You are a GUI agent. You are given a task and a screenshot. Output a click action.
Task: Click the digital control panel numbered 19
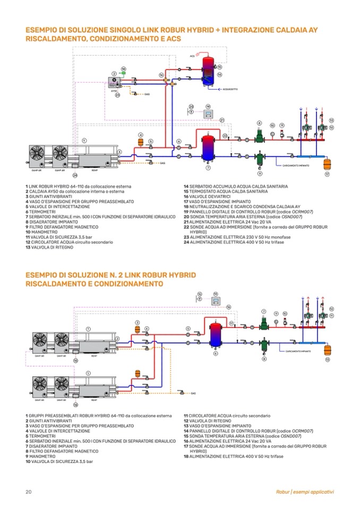point(209,115)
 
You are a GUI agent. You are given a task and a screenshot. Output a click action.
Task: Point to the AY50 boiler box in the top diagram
point(114,83)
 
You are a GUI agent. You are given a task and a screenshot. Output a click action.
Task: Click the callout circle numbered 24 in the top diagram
point(75,175)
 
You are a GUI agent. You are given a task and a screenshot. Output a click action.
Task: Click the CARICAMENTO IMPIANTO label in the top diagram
point(292,166)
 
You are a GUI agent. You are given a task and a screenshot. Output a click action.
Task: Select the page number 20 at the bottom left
point(29,492)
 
